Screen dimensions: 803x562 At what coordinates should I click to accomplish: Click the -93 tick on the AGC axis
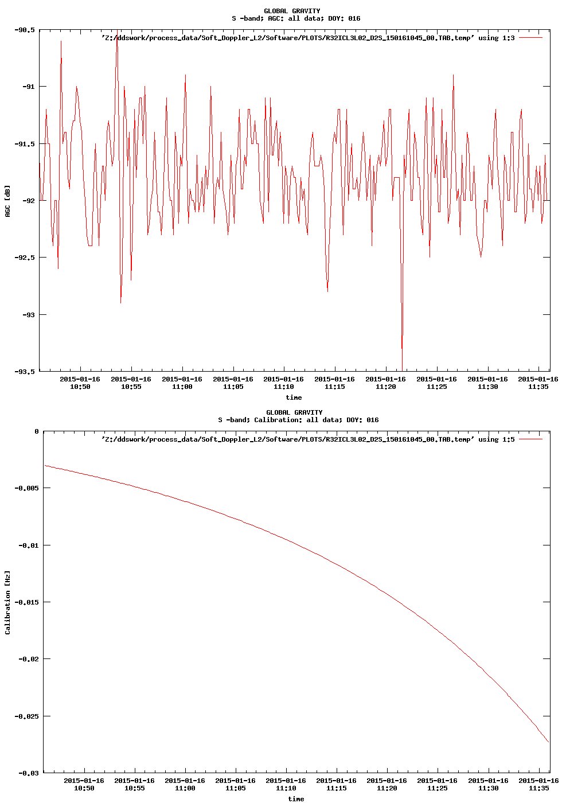[26, 315]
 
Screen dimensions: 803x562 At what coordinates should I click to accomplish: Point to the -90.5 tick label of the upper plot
[25, 30]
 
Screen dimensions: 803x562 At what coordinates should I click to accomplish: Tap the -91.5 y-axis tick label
[25, 144]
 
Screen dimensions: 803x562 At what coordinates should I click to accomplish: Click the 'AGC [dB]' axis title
[7, 201]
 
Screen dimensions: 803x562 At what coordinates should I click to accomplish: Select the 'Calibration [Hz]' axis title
[7, 602]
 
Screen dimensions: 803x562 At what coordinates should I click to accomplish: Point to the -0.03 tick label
[28, 773]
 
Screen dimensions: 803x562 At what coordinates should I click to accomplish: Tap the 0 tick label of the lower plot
[37, 431]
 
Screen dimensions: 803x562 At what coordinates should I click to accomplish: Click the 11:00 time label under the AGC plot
[182, 383]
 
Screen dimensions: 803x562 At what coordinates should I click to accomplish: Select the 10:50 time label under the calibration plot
[84, 784]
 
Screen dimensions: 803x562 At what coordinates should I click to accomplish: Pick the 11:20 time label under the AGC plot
[385, 383]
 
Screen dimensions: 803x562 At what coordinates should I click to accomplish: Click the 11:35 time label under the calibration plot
[538, 784]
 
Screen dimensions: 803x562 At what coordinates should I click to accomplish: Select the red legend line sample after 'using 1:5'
[530, 439]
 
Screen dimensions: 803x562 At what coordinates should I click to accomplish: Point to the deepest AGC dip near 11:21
[402, 369]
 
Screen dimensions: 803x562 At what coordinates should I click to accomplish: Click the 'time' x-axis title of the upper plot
[294, 397]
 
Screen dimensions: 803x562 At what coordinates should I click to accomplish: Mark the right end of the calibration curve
[548, 742]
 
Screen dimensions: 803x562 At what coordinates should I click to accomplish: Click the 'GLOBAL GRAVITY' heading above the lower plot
[294, 412]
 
